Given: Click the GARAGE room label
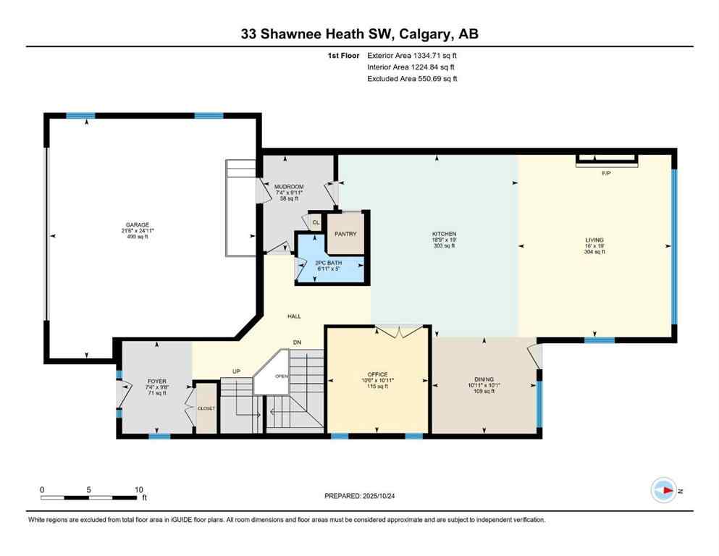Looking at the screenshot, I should (137, 224).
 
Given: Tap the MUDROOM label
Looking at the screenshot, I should (288, 187).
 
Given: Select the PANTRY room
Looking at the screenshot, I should (345, 234).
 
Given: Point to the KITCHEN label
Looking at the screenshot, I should (443, 234).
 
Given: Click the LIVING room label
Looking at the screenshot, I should (594, 240).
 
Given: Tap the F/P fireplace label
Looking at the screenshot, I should (606, 174).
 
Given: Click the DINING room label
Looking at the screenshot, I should (484, 379).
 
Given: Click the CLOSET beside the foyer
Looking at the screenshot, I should (206, 408).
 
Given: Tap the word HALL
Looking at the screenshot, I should (294, 316).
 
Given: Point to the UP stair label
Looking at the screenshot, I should (236, 371).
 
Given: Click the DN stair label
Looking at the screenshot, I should (296, 342).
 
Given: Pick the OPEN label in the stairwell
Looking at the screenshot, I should (281, 376).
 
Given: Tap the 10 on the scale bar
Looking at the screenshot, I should (138, 489).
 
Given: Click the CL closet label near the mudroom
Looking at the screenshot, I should (315, 222).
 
